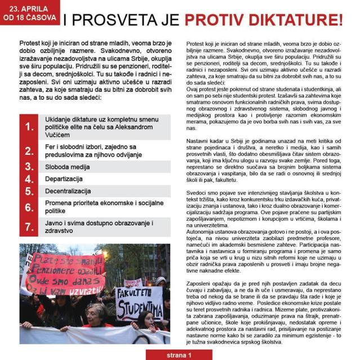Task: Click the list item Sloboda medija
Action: (68, 166)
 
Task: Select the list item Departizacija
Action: (67, 179)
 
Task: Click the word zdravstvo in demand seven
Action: (60, 232)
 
